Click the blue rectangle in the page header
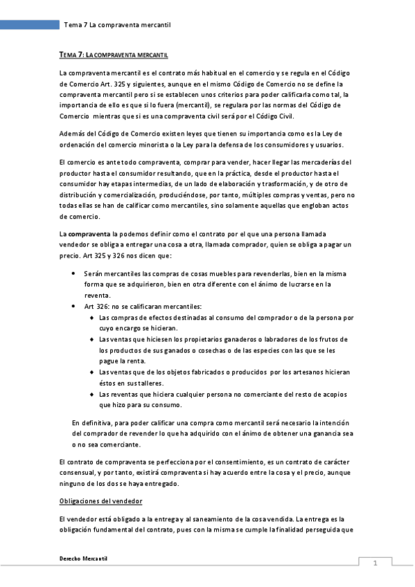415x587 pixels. [x=29, y=25]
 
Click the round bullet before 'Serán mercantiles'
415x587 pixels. [x=74, y=273]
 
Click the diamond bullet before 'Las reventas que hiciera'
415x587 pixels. [x=91, y=394]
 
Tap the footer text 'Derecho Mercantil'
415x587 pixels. [x=84, y=558]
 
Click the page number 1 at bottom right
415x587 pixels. [x=375, y=563]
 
